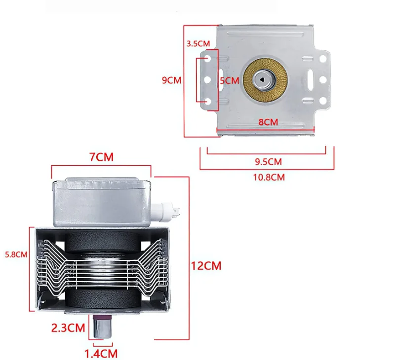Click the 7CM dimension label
pos(101,157)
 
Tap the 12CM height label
pos(206,266)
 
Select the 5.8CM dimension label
pos(16,255)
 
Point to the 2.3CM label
pos(69,327)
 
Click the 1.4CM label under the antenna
pos(101,353)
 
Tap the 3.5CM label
pos(198,43)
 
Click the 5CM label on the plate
pos(229,80)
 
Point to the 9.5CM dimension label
pos(268,161)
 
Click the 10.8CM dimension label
pos(268,177)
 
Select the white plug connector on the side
pos(167,212)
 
